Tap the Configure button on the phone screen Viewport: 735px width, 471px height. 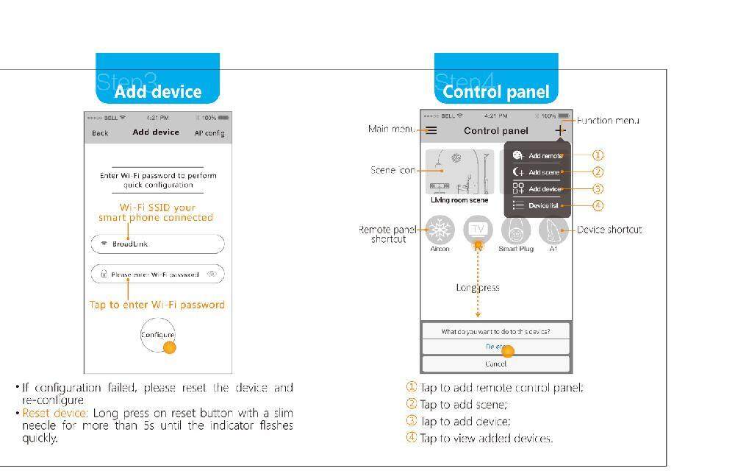157,335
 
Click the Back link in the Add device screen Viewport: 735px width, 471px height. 100,133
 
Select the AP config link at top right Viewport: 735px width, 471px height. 209,133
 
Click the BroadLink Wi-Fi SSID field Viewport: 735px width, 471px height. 157,244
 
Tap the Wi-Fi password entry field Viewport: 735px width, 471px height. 157,275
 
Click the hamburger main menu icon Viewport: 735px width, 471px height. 431,130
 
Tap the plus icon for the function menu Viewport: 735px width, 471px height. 560,130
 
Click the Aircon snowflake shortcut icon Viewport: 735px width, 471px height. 440,230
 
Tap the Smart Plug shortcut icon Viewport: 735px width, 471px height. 516,230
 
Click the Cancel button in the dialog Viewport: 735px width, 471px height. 496,364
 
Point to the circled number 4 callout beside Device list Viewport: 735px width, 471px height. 598,206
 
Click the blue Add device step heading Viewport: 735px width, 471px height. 157,92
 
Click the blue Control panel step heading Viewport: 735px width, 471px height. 496,92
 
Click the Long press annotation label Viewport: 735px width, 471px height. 478,288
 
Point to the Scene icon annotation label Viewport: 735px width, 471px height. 393,170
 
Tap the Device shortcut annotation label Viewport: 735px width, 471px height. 609,230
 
